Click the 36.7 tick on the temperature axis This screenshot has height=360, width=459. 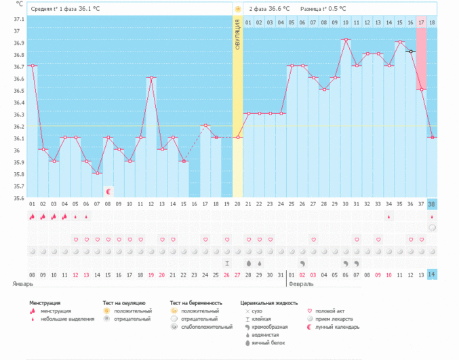[17, 66]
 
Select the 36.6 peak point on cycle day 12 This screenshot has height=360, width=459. [151, 77]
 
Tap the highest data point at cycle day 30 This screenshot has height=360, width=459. [346, 39]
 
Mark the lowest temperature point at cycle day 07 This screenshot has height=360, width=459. [97, 173]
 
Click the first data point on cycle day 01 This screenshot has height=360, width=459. [32, 66]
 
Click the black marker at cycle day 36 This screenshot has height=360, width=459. [411, 52]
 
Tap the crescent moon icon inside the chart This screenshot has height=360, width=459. [108, 192]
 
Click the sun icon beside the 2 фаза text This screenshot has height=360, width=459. [238, 9]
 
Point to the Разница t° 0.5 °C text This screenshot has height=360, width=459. [323, 9]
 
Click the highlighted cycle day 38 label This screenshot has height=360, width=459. [433, 204]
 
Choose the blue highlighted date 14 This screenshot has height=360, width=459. [433, 274]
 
